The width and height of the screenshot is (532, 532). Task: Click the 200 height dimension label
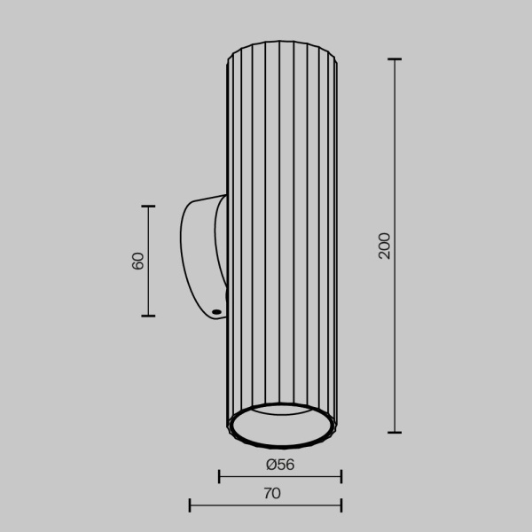pos(384,246)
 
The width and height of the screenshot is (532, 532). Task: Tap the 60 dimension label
pos(138,262)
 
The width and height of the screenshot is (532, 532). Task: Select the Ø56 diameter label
pos(279,464)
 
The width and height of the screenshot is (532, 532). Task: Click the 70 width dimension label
pos(272,493)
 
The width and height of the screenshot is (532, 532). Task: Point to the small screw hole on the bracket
pos(215,311)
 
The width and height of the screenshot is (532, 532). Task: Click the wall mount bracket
pos(200,257)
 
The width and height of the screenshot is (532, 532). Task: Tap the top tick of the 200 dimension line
pos(395,59)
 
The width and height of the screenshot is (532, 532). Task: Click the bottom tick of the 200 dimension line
pos(395,433)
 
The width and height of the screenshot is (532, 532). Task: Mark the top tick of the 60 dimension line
pos(148,207)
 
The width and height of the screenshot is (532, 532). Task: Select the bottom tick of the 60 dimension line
pos(148,316)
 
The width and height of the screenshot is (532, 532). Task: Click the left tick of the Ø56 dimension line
pos(219,477)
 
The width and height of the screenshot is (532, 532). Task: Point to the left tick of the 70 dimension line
pos(190,506)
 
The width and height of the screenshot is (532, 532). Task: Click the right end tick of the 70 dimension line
pos(341,506)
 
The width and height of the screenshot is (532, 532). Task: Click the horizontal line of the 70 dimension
pos(266,506)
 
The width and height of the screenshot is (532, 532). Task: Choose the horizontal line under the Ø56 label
pos(280,477)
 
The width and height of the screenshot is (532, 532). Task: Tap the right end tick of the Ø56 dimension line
pos(341,477)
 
